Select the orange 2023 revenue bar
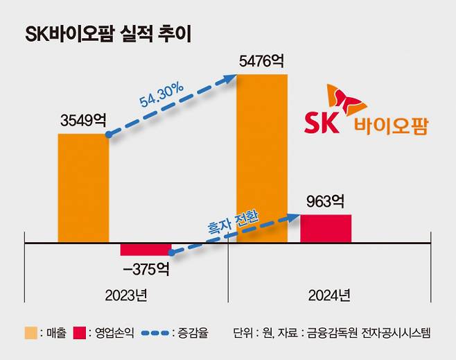coord(83,187)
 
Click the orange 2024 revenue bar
coord(262,160)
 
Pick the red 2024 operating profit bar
coord(325,229)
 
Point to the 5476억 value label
coord(263,62)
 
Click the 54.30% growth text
coord(161,96)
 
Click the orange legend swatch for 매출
coord(30,334)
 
